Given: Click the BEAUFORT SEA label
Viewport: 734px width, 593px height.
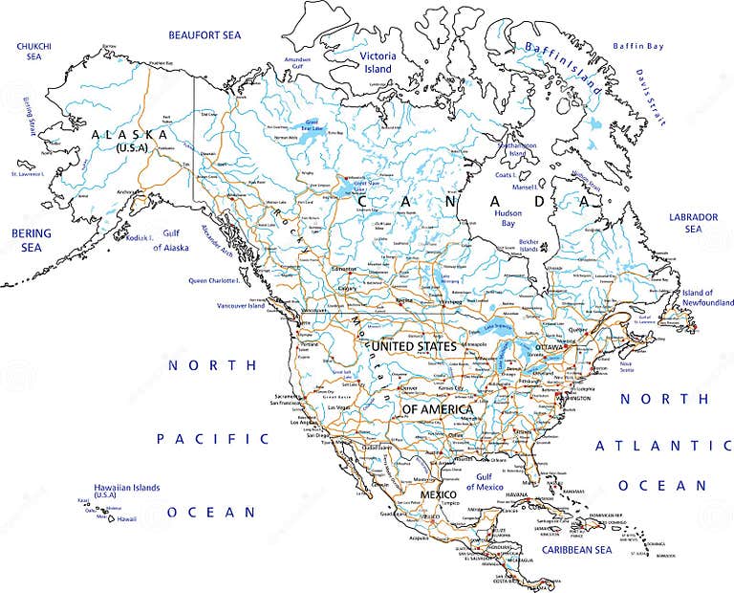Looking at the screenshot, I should pos(205,35).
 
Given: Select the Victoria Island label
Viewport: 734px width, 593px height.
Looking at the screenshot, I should pos(377,62).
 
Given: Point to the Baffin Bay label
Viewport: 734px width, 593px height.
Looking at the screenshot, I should pos(637,45).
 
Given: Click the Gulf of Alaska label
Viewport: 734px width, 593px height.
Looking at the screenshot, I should pos(171,241).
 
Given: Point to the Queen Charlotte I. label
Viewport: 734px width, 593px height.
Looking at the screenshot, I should pos(219,281).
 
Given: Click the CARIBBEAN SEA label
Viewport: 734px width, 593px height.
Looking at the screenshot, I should pos(575,550).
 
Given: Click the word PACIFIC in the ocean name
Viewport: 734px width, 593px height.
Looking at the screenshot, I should pos(214,438).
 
